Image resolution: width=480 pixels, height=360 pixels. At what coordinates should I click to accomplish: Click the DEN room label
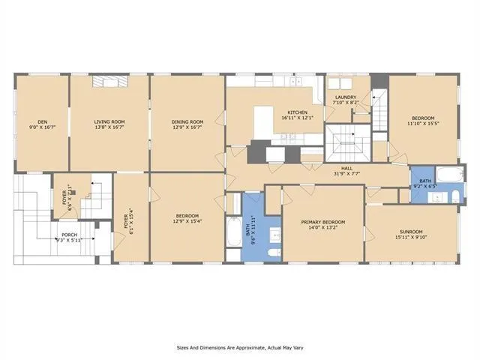click(43, 121)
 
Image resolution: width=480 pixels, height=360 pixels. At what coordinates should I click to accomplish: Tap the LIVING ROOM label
click(109, 121)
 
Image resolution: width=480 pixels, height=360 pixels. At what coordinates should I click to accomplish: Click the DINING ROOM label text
click(187, 121)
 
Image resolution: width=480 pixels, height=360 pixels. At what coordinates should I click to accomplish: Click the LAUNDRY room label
click(345, 97)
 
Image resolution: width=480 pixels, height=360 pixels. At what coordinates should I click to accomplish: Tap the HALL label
click(347, 169)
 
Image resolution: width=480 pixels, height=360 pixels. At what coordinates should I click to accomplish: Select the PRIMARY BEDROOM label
click(323, 222)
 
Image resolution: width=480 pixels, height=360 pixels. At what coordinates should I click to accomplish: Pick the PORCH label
click(70, 235)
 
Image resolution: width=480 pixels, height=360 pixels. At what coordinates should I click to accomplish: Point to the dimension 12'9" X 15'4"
click(187, 221)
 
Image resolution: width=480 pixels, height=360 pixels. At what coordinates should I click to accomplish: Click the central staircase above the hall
click(346, 142)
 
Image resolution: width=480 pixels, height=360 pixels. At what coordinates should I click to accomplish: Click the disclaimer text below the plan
click(239, 347)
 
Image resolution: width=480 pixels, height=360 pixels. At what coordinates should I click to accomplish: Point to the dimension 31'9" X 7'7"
click(347, 174)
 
